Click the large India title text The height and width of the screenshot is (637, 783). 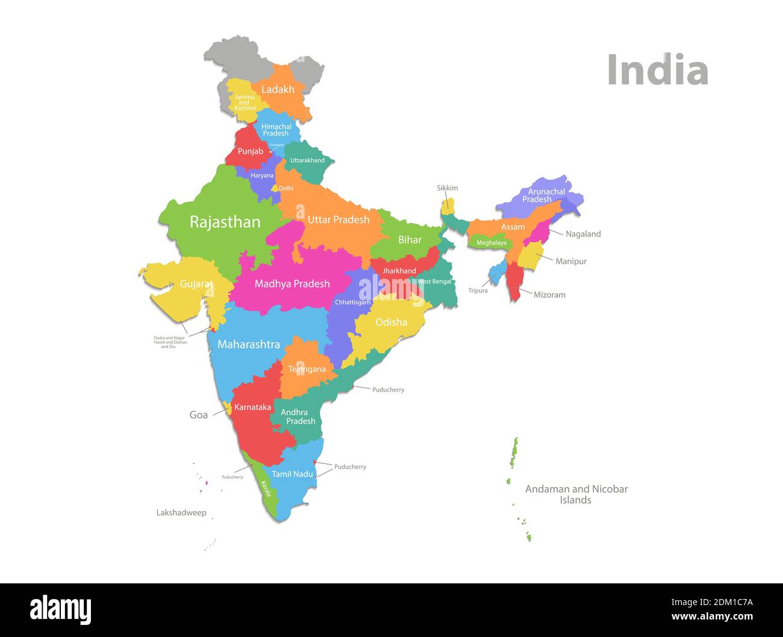point(657,70)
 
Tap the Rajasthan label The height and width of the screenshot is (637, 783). point(225,222)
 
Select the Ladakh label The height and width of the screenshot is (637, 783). point(278,90)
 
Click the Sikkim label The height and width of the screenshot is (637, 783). point(447,188)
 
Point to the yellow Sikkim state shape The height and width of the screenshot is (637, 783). point(448,207)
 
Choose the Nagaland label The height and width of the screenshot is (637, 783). point(583,234)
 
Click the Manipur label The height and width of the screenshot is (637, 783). point(570,262)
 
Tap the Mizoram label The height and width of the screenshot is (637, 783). point(549,295)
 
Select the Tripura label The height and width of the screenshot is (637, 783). point(478,290)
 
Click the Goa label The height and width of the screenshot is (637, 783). point(199,415)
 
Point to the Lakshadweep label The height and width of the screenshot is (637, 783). point(181,513)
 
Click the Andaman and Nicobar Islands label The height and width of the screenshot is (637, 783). point(576,494)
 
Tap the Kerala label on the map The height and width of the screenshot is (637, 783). point(266,488)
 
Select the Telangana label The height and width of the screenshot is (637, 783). point(307,369)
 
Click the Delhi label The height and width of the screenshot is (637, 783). point(286,189)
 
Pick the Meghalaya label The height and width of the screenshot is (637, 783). point(491,243)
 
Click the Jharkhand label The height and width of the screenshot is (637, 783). point(399,271)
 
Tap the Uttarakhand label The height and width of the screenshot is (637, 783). point(307,160)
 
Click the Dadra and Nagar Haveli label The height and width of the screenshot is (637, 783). point(170,342)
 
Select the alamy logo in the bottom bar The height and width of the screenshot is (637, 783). point(60,610)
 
